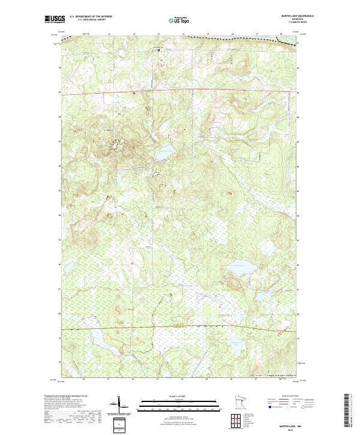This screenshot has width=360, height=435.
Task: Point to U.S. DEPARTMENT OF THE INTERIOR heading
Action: click(91, 16)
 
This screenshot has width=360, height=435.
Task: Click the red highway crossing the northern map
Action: click(180, 93)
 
